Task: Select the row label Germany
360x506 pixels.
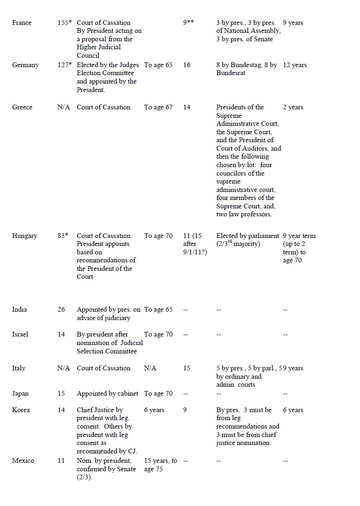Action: [x=25, y=65]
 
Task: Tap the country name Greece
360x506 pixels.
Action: [x=23, y=107]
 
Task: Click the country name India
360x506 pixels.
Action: [x=20, y=309]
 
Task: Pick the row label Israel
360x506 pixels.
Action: [x=20, y=334]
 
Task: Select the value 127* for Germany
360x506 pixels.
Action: [x=64, y=65]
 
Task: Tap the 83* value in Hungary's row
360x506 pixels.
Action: [x=63, y=236]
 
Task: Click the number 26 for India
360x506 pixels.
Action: [x=61, y=309]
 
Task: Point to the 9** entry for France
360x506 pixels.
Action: [x=189, y=23]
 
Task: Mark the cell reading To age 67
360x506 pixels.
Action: [x=158, y=107]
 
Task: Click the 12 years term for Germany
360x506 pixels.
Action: [x=295, y=65]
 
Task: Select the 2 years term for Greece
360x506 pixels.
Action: [x=293, y=107]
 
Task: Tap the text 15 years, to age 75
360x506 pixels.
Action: [x=161, y=465]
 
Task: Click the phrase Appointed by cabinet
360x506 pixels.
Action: [x=107, y=393]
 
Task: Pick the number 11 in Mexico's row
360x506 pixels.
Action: [x=61, y=460]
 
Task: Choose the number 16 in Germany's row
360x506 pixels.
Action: [x=187, y=65]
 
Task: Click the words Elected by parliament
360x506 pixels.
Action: [x=247, y=236]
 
